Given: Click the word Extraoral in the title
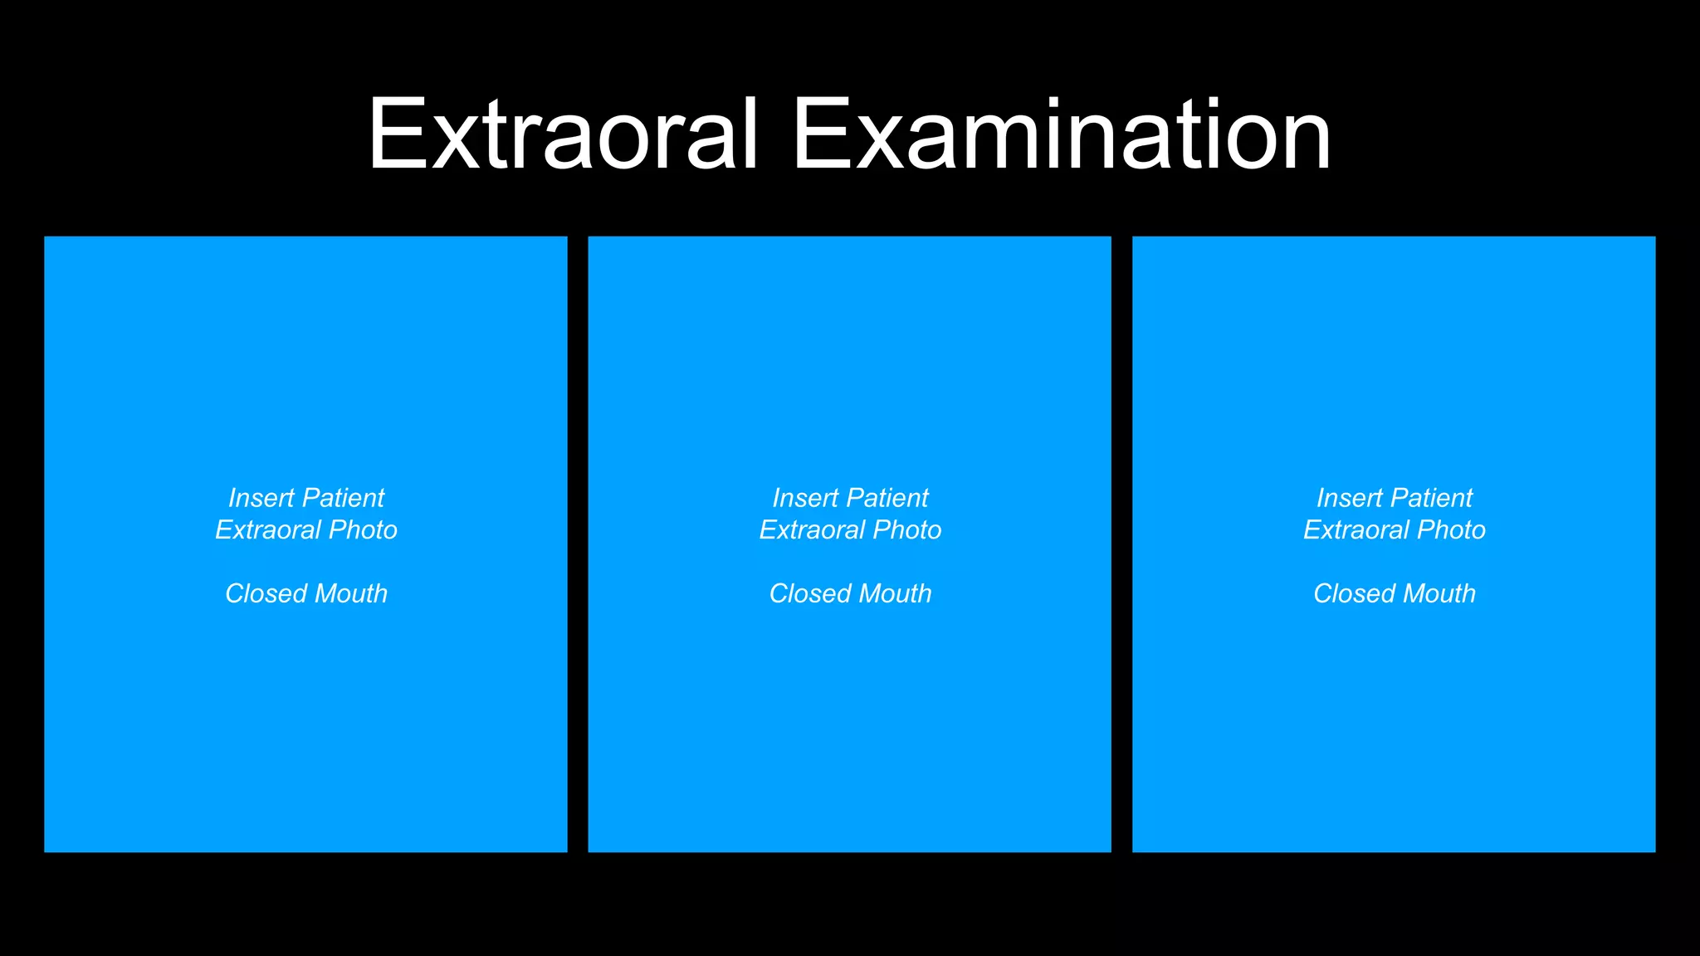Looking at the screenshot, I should click(563, 134).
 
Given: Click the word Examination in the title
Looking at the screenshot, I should click(1062, 134).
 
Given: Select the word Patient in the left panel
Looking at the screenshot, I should click(343, 498).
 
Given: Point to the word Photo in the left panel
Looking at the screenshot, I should click(363, 530).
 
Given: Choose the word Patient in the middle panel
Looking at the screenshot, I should click(887, 498).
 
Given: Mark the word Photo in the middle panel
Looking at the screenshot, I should click(907, 530).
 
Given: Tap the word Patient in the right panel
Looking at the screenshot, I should click(1431, 498).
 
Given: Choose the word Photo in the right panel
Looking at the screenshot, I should click(1451, 530).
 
